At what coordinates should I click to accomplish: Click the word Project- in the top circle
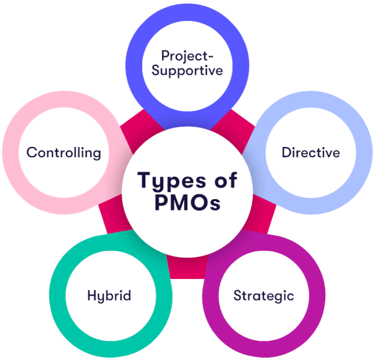tap(187, 56)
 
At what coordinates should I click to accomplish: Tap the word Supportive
tap(187, 70)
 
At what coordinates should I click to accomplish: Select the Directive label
tap(311, 152)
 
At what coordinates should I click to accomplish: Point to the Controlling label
tap(63, 152)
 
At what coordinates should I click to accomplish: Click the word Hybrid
tap(109, 295)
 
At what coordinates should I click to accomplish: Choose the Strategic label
tap(263, 295)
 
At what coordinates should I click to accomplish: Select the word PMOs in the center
tap(187, 203)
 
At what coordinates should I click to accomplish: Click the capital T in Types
tap(143, 179)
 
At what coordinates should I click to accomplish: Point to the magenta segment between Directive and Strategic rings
tap(264, 222)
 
